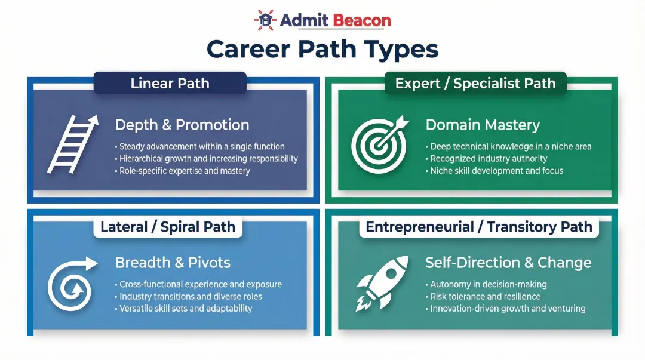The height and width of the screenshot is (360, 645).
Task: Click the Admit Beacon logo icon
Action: click(x=265, y=20)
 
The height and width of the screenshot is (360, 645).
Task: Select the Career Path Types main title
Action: click(x=322, y=50)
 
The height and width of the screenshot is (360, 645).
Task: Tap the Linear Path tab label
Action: click(x=170, y=83)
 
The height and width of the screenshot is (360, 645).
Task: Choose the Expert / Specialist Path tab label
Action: click(x=475, y=83)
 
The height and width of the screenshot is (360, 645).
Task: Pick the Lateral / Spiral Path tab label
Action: click(x=168, y=227)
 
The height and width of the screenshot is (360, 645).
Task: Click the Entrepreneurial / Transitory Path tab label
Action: click(x=479, y=227)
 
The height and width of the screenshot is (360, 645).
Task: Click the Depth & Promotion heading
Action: click(x=182, y=125)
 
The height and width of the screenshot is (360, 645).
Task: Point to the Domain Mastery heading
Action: click(x=483, y=125)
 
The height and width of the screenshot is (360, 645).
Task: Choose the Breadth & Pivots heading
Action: click(x=173, y=263)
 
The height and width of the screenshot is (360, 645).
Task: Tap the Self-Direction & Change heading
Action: click(x=508, y=263)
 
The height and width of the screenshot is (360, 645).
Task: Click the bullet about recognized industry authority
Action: click(x=489, y=158)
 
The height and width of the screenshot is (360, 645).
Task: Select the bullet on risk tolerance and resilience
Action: click(x=485, y=296)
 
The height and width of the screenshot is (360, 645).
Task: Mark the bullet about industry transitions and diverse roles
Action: click(x=191, y=296)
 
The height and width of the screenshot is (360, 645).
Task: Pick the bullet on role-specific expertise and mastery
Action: click(x=185, y=171)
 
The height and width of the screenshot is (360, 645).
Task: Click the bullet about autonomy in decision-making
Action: click(x=488, y=284)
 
